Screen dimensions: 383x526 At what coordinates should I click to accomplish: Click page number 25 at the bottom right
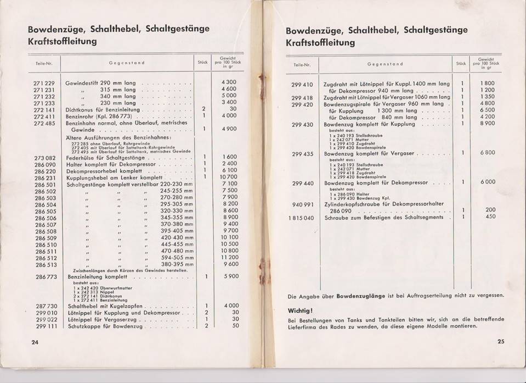[500, 342]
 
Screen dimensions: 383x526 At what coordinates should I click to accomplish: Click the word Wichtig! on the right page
[300, 310]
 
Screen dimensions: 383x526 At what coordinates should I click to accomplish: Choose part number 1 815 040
[301, 218]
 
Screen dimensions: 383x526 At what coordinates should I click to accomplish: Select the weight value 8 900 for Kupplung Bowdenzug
[488, 124]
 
